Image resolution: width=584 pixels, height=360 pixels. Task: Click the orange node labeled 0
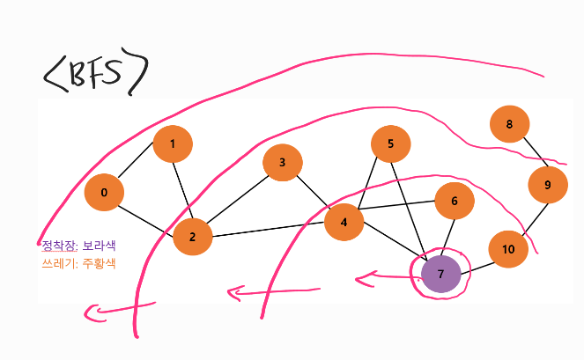[x=105, y=193]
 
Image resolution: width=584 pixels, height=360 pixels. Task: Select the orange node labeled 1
[x=173, y=143]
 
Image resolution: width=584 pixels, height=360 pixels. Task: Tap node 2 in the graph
[x=193, y=236]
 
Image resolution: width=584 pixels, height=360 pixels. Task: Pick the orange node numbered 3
[x=283, y=163]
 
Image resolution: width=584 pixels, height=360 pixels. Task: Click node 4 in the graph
[x=344, y=222]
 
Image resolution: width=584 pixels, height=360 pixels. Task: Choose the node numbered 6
[x=455, y=202]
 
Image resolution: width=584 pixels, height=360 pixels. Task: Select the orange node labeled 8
[x=510, y=125]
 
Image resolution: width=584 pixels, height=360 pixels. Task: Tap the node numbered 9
[x=548, y=185]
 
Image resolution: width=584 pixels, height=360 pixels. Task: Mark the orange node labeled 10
[x=508, y=249]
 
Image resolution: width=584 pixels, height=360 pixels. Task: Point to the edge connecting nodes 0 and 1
[x=138, y=168]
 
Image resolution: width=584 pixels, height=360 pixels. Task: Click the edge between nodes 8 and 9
[x=529, y=155]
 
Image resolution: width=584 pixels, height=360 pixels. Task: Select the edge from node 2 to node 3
[x=238, y=199]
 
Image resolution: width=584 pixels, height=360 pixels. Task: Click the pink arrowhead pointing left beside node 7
[x=362, y=280]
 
